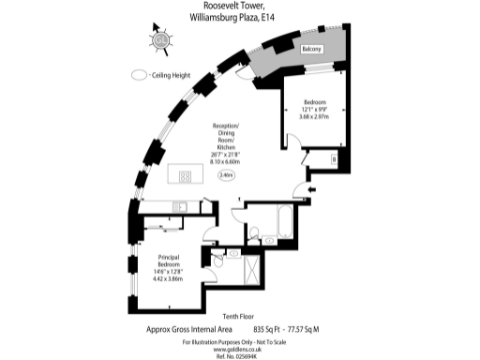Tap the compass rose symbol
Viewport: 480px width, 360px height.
160,39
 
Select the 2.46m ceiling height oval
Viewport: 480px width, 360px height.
226,174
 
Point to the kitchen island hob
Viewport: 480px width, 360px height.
184,174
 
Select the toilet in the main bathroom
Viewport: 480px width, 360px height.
253,234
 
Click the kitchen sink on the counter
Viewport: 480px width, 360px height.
184,209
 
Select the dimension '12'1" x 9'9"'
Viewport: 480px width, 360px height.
314,110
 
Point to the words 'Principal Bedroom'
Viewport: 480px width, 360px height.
168,259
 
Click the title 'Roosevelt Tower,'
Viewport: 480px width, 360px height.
240,7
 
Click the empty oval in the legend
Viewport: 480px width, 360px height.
140,75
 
